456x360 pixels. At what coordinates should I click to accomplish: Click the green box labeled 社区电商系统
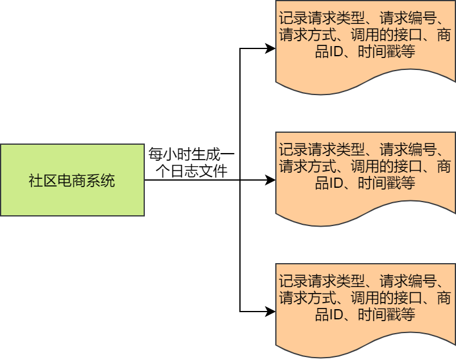[x=72, y=180]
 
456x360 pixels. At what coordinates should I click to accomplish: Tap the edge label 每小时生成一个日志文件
[x=191, y=162]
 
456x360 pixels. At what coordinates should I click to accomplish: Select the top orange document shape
[x=365, y=42]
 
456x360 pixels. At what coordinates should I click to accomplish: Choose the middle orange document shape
[x=365, y=173]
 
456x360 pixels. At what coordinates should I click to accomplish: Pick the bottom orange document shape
[x=365, y=305]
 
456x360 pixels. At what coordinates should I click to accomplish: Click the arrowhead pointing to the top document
[x=270, y=48]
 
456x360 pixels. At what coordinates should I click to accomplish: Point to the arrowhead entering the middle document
[x=270, y=180]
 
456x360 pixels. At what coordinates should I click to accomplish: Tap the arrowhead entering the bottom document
[x=270, y=312]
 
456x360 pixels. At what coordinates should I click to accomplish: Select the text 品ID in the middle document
[x=328, y=183]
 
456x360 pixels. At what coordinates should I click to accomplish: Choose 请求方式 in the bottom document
[x=309, y=297]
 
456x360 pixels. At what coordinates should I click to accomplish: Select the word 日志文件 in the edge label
[x=199, y=172]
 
